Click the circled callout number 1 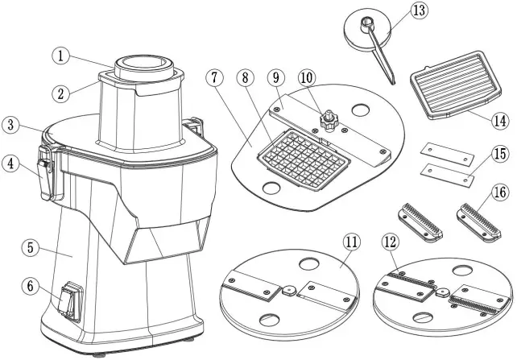[60, 56]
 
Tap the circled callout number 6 [31, 286]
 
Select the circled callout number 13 [419, 10]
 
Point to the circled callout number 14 [500, 121]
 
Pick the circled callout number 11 [351, 242]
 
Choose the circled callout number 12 [390, 242]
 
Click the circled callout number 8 [245, 78]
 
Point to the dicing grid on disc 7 [304, 159]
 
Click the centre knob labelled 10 [328, 120]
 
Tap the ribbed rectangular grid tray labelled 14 [456, 84]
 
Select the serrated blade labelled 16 [479, 222]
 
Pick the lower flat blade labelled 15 [447, 175]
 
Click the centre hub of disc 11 [288, 290]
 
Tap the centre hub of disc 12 [441, 292]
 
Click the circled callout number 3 [11, 126]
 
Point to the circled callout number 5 [31, 247]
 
